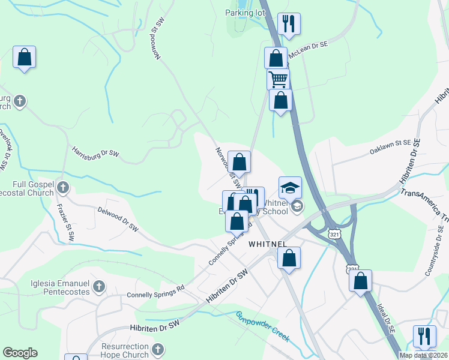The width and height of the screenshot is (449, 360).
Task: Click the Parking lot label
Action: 244,13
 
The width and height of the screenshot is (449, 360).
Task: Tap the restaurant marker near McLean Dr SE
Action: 289,24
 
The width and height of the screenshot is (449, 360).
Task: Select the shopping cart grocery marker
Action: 278,79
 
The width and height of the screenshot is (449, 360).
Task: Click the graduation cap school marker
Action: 290,187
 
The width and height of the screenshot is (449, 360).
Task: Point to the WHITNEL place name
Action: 267,244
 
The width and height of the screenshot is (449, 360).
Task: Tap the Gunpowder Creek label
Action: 263,326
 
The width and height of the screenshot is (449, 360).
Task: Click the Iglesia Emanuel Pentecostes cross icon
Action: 99,287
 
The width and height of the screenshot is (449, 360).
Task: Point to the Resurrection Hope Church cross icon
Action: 157,349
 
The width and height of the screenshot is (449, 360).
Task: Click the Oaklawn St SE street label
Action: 391,148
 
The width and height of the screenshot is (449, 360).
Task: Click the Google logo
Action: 20,353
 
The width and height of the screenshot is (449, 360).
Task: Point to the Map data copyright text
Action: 423,355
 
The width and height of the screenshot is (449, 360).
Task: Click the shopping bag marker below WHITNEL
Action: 289,259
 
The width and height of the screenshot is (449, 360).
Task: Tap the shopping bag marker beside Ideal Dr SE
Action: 360,280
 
